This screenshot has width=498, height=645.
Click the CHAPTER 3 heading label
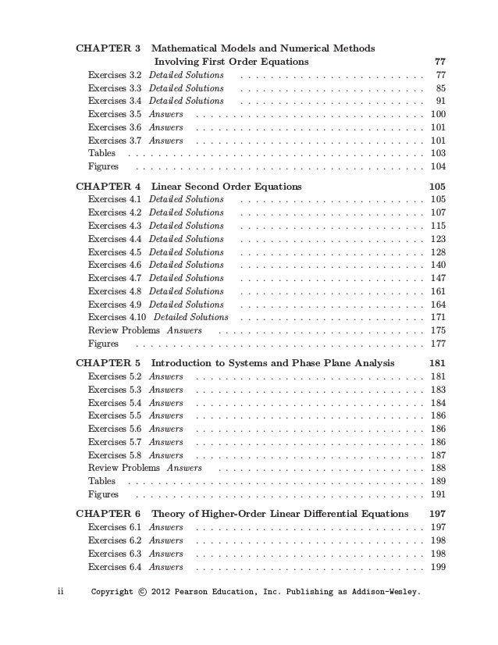click(x=108, y=48)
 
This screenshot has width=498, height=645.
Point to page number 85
click(x=440, y=88)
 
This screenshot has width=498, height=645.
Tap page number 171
click(x=438, y=317)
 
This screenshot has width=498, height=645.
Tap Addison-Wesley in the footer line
click(x=384, y=592)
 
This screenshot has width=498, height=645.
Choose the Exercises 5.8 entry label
click(x=115, y=455)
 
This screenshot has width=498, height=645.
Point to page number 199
click(x=438, y=567)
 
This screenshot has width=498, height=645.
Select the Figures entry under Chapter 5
click(x=103, y=494)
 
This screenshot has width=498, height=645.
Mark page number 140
click(x=438, y=265)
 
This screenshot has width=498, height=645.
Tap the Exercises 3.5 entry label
click(x=115, y=114)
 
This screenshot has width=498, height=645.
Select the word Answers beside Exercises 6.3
click(x=166, y=554)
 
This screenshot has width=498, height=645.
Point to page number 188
click(x=438, y=468)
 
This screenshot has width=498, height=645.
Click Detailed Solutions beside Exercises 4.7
click(x=186, y=278)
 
